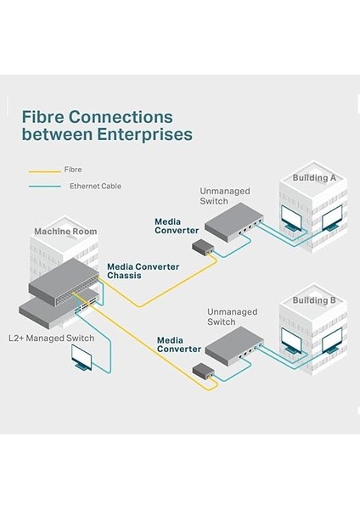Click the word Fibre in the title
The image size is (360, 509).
[x=42, y=116]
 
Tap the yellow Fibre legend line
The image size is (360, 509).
[x=41, y=169]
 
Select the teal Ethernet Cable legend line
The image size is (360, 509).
[x=41, y=186]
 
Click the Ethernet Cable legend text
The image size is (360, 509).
[x=95, y=186]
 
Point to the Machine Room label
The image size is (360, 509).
[x=65, y=231]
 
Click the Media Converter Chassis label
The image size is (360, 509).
[x=143, y=271]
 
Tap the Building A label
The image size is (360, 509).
[x=314, y=178]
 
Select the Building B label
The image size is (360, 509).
[x=315, y=300]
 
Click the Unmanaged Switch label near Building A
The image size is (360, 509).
[x=222, y=195]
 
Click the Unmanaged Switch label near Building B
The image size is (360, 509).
[x=232, y=317]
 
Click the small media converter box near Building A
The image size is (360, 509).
[x=205, y=248]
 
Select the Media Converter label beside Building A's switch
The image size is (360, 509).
[x=177, y=226]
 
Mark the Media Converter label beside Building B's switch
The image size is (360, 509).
[x=180, y=344]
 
